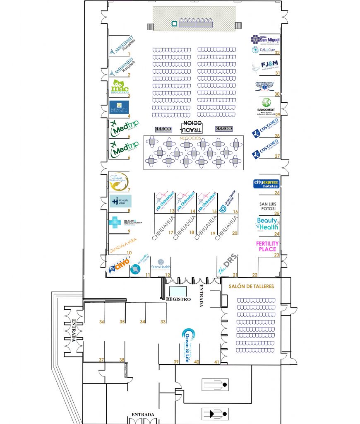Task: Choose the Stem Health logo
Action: click(x=161, y=265)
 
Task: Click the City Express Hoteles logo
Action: click(x=266, y=183)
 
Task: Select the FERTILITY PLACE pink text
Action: click(x=267, y=246)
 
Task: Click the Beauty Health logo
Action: click(x=267, y=224)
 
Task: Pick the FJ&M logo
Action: click(x=266, y=66)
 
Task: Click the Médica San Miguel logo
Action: click(x=266, y=40)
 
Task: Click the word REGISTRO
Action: click(x=178, y=299)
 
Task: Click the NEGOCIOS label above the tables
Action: click(x=190, y=137)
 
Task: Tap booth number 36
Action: click(x=102, y=322)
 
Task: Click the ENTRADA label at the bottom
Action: click(x=143, y=414)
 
